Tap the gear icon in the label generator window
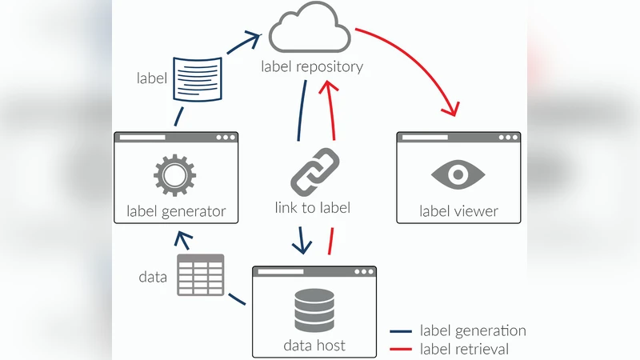[175, 174]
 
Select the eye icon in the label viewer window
[458, 174]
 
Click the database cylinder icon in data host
[314, 310]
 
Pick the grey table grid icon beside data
[200, 275]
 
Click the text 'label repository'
[312, 66]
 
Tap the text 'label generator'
[176, 212]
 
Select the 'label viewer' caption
[458, 212]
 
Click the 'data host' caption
[314, 346]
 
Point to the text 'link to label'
[312, 208]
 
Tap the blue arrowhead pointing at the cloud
[254, 37]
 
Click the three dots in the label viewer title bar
[507, 138]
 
